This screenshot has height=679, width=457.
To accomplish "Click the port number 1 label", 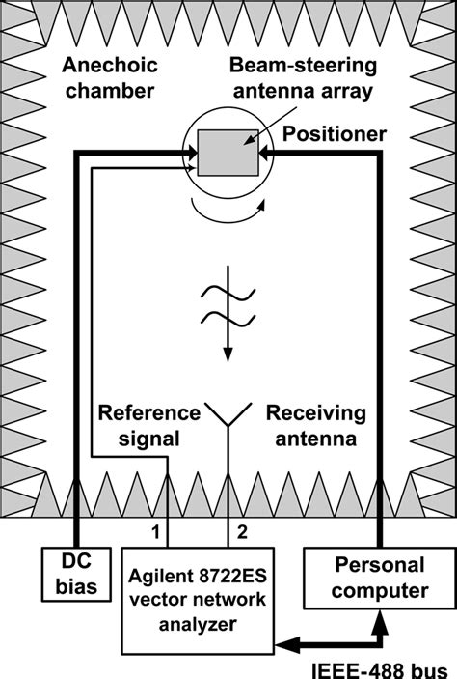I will tap(154, 530).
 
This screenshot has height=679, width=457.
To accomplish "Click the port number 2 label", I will tap(243, 530).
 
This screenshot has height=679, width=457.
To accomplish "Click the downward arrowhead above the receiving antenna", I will tap(228, 354).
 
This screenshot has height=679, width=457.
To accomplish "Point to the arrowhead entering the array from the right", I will tap(269, 153).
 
